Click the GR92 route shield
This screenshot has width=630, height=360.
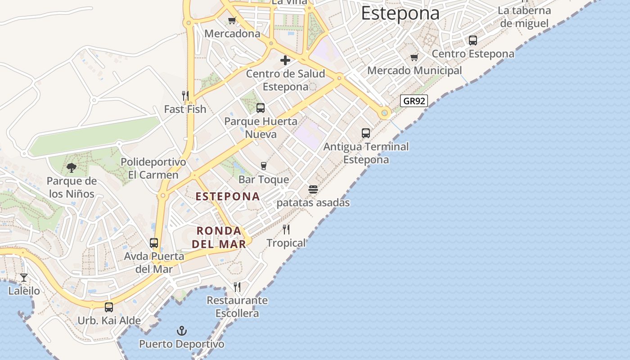[x=414, y=101]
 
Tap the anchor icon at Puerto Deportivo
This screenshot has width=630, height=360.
[x=181, y=331]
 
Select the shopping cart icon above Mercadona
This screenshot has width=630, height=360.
[x=232, y=20]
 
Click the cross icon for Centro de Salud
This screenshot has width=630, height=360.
[x=285, y=60]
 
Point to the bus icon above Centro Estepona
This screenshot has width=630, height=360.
[x=473, y=40]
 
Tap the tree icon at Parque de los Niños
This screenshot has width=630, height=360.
[x=71, y=168]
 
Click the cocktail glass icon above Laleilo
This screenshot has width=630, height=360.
[x=24, y=278]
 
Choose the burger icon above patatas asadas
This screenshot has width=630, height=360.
[x=313, y=189]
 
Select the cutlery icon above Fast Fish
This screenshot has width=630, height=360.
[x=185, y=95]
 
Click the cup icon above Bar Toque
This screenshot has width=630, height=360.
[x=264, y=166]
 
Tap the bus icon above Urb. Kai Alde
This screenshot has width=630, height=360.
[x=109, y=307]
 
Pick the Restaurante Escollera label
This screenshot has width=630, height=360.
[x=237, y=307]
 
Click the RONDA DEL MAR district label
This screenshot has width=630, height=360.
[x=219, y=237]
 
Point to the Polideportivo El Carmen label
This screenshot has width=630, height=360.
[x=153, y=168]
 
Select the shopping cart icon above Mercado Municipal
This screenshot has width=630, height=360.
[x=414, y=57]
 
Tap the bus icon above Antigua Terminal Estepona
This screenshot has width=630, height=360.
[x=366, y=133]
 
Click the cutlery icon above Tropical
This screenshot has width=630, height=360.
[x=286, y=229]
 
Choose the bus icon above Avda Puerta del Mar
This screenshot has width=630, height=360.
[x=154, y=243]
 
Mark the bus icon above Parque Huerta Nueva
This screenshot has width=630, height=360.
[x=261, y=108]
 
